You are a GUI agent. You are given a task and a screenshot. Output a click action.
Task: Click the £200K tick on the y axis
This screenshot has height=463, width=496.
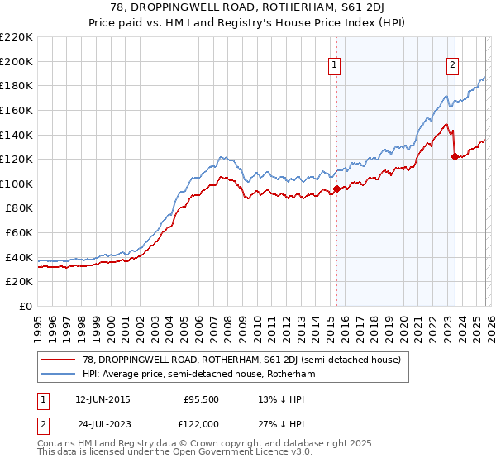click(17, 61)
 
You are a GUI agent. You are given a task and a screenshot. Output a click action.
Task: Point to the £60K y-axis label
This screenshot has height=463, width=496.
click(19, 233)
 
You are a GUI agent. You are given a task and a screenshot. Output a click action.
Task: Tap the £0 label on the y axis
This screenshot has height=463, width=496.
click(26, 307)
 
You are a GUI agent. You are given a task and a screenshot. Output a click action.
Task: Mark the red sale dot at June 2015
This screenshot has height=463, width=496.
click(336, 189)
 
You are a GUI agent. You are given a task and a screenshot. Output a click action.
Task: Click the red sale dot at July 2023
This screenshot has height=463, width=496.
click(455, 156)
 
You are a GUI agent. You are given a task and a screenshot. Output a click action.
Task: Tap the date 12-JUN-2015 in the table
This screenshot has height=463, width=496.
click(102, 399)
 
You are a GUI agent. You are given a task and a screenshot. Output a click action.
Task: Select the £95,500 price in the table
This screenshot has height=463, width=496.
click(200, 399)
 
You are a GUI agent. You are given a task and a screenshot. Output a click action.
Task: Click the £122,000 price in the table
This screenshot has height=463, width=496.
click(200, 422)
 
